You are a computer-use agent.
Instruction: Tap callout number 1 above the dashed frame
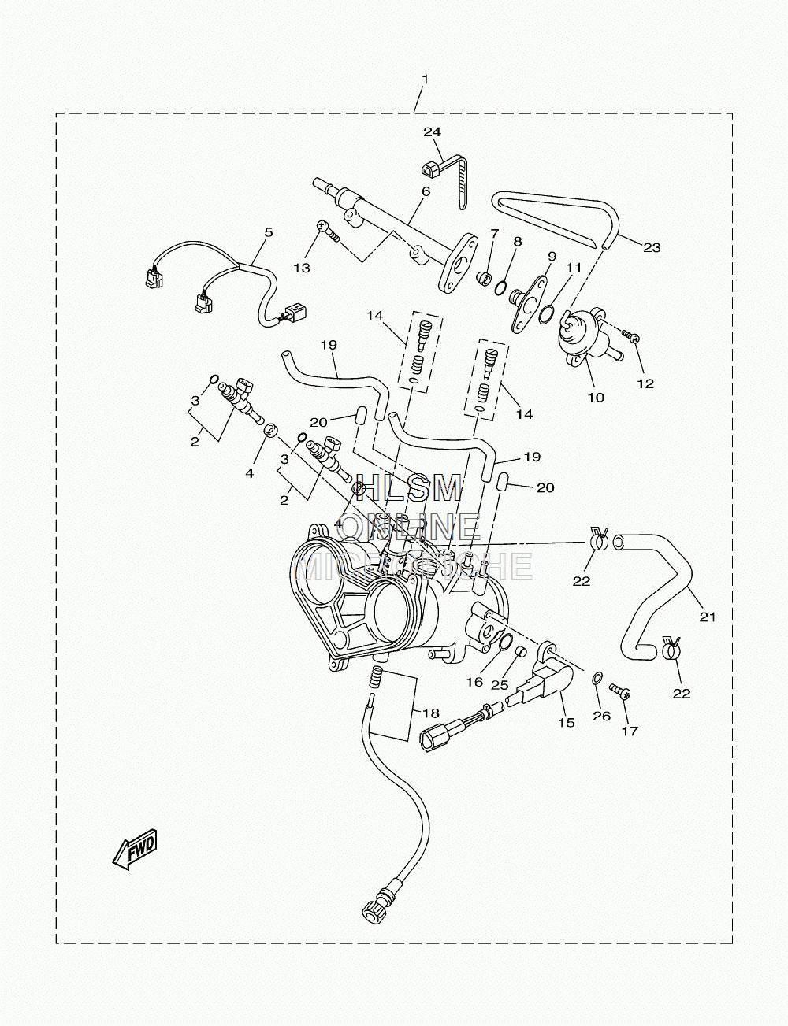pos(425,80)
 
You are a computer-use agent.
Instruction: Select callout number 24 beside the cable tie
pos(432,131)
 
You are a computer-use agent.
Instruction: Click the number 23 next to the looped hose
pos(652,247)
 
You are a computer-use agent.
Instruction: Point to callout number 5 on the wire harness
pos(269,232)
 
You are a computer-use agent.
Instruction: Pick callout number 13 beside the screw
pos(302,268)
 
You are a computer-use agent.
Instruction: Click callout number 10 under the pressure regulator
pos(596,398)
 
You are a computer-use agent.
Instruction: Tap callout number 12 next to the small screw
pos(645,383)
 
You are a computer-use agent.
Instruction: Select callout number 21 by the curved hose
pos(707,617)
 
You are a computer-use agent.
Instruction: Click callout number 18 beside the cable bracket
pos(431,713)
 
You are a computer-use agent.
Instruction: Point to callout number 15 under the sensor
pos(566,722)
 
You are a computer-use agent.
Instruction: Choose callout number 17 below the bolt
pos(630,731)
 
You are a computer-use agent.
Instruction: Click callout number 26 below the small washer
pos(602,716)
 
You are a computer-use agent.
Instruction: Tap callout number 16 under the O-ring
pos(474,682)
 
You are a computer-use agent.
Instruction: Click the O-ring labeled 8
pos(502,287)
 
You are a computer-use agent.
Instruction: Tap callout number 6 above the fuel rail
pos(426,191)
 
